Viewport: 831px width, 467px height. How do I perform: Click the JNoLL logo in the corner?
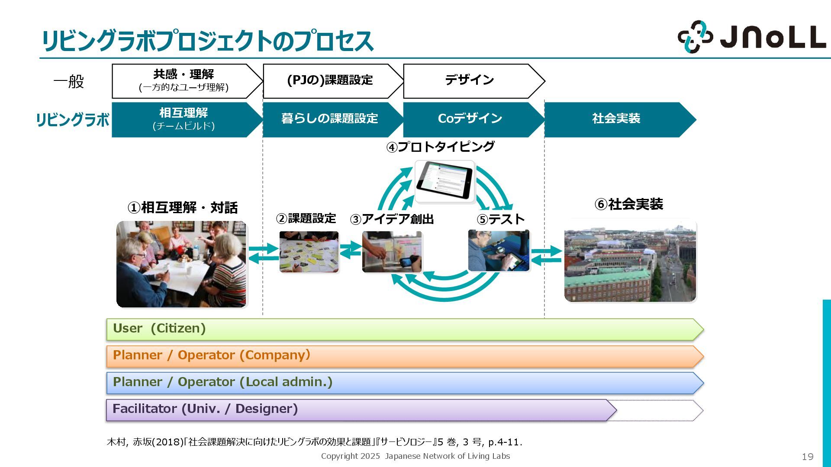(x=751, y=37)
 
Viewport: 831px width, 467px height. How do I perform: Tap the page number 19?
(x=807, y=457)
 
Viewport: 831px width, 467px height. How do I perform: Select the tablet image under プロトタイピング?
(x=444, y=181)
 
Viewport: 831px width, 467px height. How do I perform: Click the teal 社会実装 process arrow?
(x=616, y=119)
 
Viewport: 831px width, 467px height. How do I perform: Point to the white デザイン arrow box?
(x=470, y=80)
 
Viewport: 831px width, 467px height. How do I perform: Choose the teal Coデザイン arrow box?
(x=470, y=119)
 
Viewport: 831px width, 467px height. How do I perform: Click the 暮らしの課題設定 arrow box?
(x=329, y=119)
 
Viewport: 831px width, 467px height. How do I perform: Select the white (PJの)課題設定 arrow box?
(x=329, y=80)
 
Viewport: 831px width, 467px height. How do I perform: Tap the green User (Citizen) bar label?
(x=159, y=329)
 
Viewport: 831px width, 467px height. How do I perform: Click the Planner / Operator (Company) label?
(x=212, y=355)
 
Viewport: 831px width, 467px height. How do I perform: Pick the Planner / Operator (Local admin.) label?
(x=222, y=382)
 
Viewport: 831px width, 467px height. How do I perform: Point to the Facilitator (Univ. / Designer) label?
(x=205, y=409)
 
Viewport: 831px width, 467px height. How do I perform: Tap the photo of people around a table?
(x=181, y=264)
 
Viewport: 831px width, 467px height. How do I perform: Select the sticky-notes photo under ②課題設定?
(x=309, y=252)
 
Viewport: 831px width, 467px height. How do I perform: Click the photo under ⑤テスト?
(x=499, y=251)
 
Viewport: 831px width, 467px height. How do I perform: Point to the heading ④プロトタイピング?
(x=440, y=147)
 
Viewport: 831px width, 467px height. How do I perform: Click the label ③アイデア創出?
(x=392, y=219)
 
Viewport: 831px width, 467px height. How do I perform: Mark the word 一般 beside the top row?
(x=68, y=81)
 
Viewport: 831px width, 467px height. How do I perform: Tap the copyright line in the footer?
(x=415, y=456)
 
